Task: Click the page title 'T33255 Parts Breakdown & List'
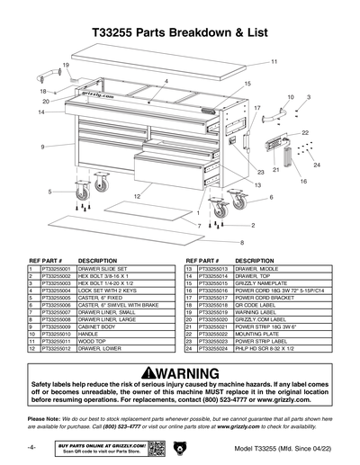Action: tap(180, 32)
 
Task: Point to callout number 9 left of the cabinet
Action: tap(42, 147)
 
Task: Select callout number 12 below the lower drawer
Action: tap(136, 195)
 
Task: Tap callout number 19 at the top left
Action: tap(66, 66)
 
